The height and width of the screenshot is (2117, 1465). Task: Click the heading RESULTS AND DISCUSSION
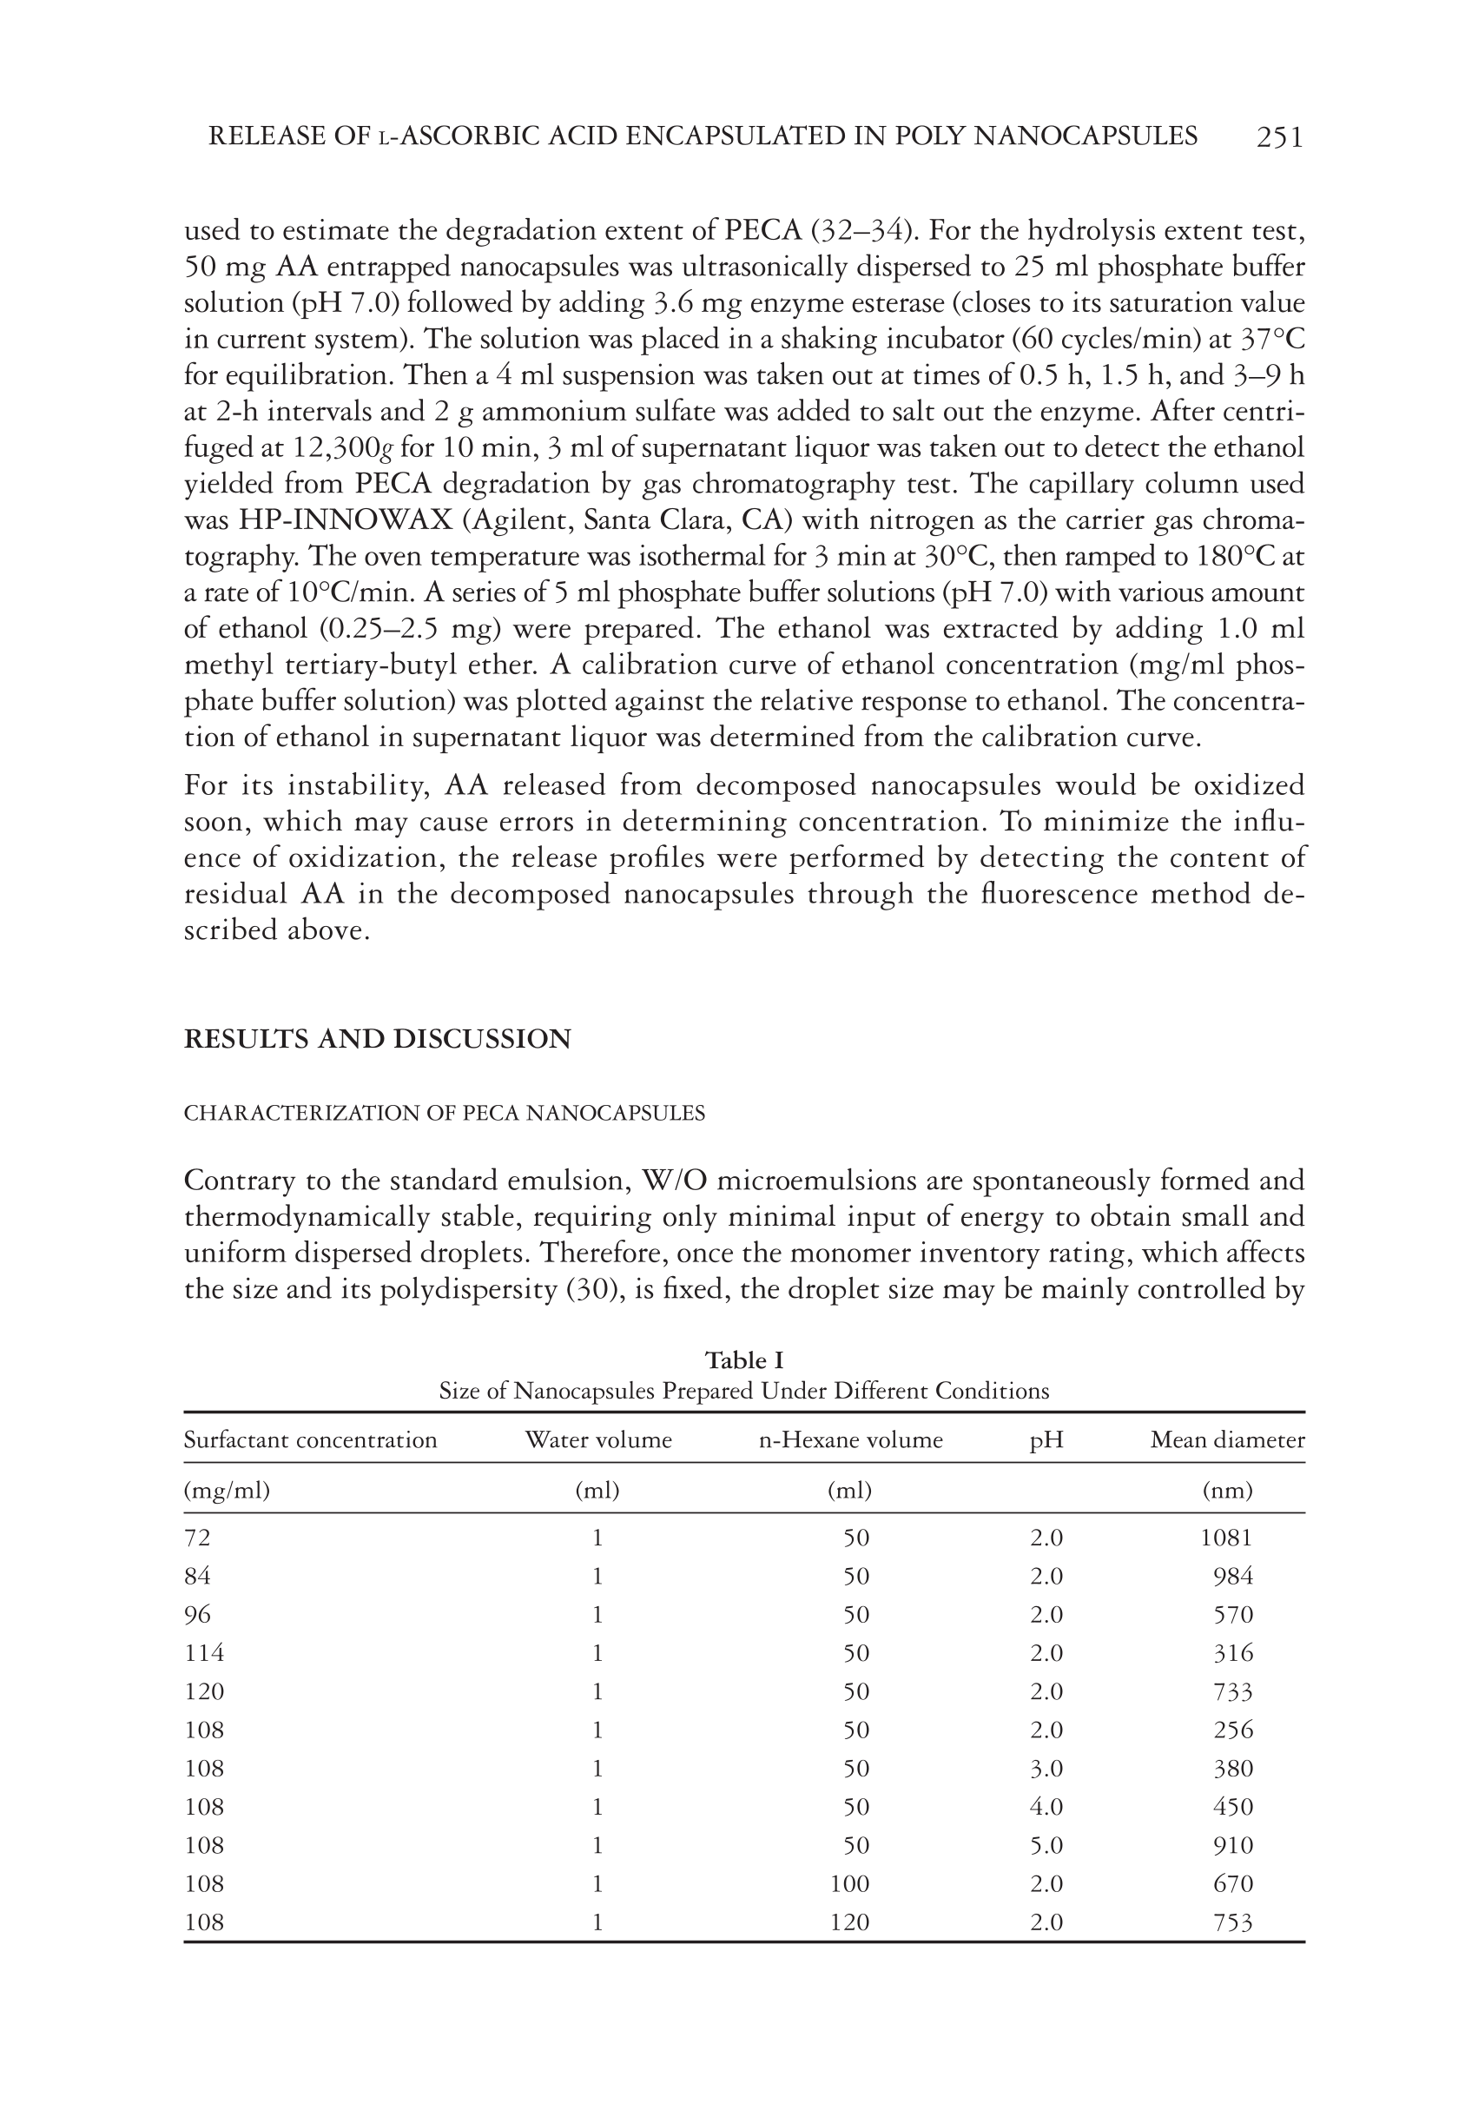click(377, 1038)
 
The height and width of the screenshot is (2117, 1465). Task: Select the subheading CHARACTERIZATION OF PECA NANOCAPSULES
click(445, 1113)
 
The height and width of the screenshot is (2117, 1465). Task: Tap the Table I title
click(743, 1360)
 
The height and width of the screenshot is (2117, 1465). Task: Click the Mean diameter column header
click(1227, 1439)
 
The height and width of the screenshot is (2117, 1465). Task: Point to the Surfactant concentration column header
click(310, 1439)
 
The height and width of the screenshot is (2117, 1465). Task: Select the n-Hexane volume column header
click(850, 1439)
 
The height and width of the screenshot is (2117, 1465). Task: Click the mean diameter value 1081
click(1226, 1538)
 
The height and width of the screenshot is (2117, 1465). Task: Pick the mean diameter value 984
click(1233, 1577)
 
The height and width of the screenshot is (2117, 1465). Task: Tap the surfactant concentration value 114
click(204, 1653)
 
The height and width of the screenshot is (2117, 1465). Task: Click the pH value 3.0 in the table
click(1046, 1768)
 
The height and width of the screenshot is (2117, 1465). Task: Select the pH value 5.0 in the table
click(1046, 1845)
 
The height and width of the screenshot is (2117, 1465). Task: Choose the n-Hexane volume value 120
click(849, 1922)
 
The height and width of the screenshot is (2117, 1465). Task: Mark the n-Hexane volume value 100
click(849, 1884)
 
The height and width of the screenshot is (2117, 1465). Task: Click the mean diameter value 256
click(1233, 1730)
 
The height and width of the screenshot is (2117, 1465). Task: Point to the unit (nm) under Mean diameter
click(1227, 1491)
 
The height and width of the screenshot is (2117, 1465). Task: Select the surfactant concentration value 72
click(197, 1538)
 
